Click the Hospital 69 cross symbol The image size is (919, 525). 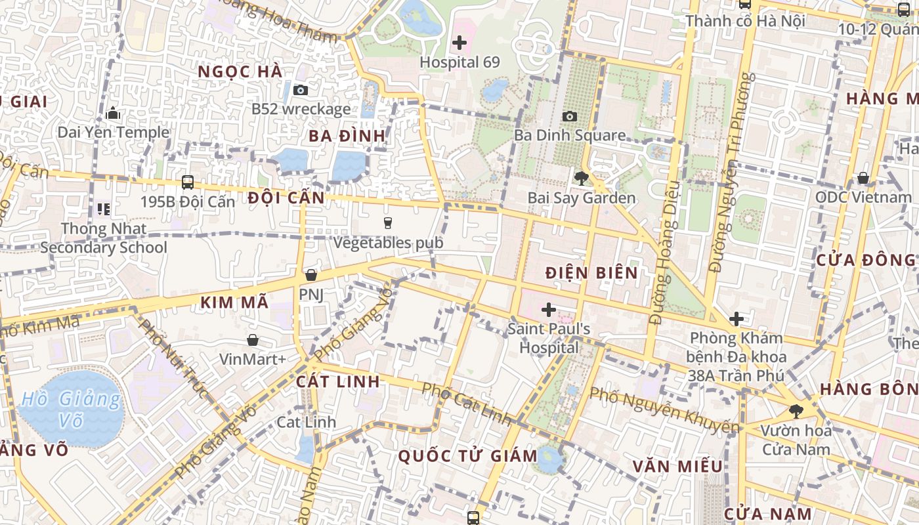pyautogui.click(x=460, y=43)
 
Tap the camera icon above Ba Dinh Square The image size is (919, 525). pyautogui.click(x=570, y=116)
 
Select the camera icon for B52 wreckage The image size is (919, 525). pyautogui.click(x=301, y=90)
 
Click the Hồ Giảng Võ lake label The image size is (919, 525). pyautogui.click(x=71, y=409)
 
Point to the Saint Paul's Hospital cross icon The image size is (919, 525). pyautogui.click(x=549, y=309)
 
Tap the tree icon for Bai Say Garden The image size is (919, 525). pyautogui.click(x=581, y=178)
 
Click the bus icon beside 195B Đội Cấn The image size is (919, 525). pyautogui.click(x=188, y=182)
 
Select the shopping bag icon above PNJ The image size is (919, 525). pyautogui.click(x=311, y=275)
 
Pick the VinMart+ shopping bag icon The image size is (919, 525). pyautogui.click(x=252, y=340)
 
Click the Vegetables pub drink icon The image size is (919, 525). pyautogui.click(x=387, y=223)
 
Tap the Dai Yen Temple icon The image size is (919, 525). pyautogui.click(x=113, y=114)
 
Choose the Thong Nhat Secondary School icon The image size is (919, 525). pyautogui.click(x=103, y=209)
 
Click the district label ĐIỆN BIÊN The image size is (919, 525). pyautogui.click(x=591, y=273)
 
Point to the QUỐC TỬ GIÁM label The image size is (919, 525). pyautogui.click(x=463, y=455)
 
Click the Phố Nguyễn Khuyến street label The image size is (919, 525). pyautogui.click(x=664, y=411)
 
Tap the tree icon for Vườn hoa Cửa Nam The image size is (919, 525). pyautogui.click(x=796, y=411)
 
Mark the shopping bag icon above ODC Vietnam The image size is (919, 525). pyautogui.click(x=863, y=178)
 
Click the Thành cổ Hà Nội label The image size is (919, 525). pyautogui.click(x=745, y=21)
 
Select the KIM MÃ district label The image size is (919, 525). pyautogui.click(x=234, y=303)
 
